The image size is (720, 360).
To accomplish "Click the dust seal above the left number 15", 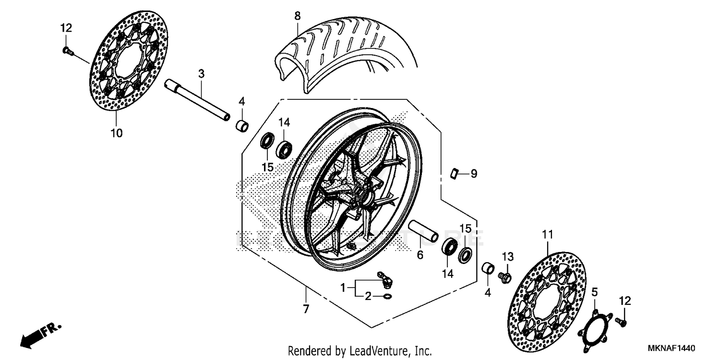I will click(267, 142).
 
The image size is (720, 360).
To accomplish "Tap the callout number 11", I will click(548, 235).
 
